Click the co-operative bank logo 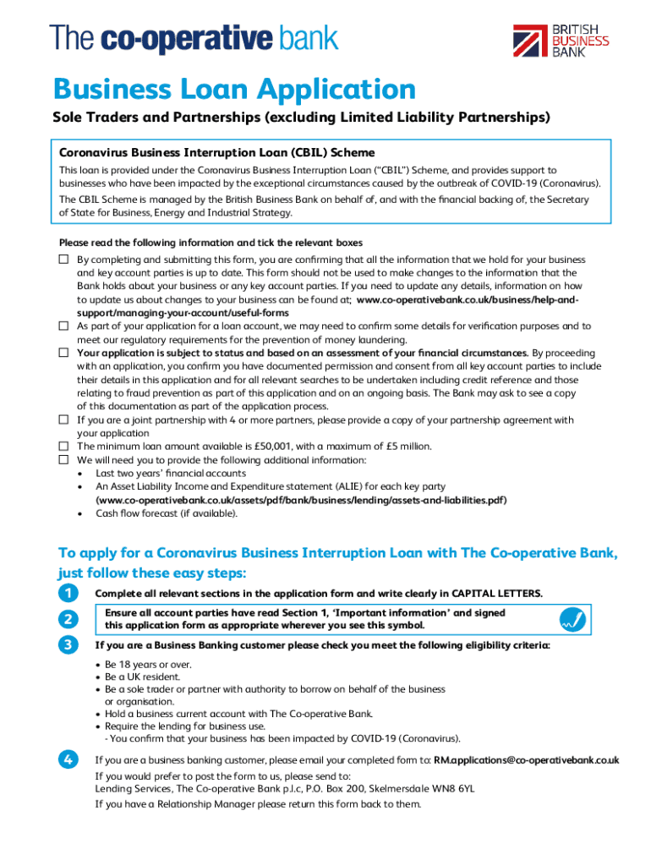[x=194, y=39]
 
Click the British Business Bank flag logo [x=530, y=41]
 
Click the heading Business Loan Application [x=234, y=90]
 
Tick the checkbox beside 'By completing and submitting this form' [x=63, y=260]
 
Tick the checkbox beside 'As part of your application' [x=63, y=326]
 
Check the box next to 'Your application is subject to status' [x=63, y=353]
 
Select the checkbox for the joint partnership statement [x=63, y=419]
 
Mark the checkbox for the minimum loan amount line [x=63, y=446]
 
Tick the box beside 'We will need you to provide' [x=63, y=459]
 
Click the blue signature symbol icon [x=572, y=620]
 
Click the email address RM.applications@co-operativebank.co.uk [x=526, y=760]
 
